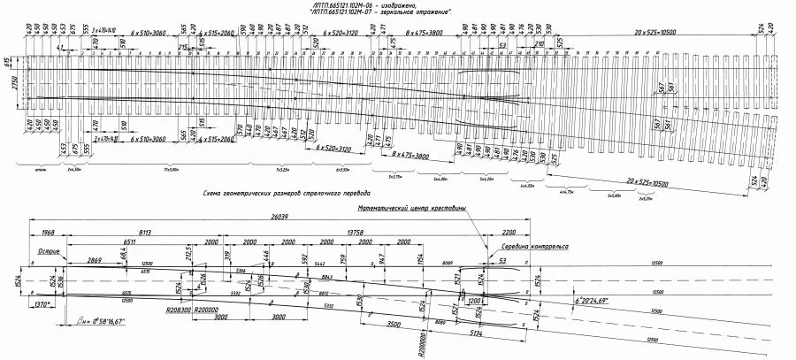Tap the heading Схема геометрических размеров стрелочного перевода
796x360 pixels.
287,192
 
